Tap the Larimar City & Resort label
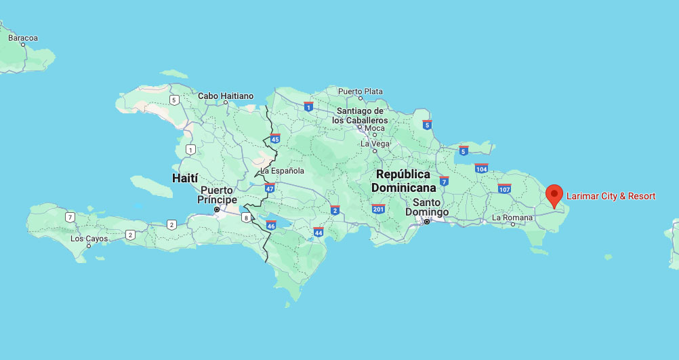pos(611,196)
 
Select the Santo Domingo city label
pos(427,207)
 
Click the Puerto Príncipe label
pos(217,195)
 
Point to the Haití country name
pos(185,178)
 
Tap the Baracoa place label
pos(23,37)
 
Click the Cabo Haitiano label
pos(226,96)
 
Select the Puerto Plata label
pos(361,92)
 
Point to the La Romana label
pos(512,218)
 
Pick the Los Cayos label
pos(89,239)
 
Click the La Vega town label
pos(375,143)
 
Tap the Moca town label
pos(375,128)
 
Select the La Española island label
pos(283,171)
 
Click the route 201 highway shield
pos(378,208)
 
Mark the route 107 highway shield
pos(504,188)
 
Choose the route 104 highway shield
pos(481,168)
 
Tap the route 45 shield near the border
pos(274,138)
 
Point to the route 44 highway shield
pos(318,232)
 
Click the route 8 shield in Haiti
pos(246,218)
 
